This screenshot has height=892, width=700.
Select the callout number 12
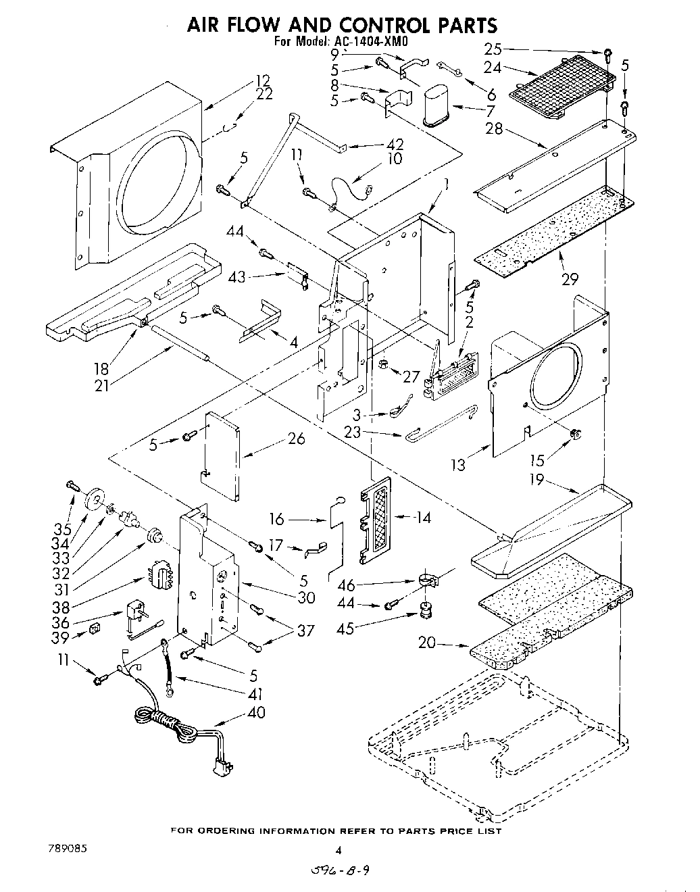tap(262, 80)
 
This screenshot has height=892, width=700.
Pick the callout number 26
tap(295, 439)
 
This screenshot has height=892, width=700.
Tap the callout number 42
tap(395, 143)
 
